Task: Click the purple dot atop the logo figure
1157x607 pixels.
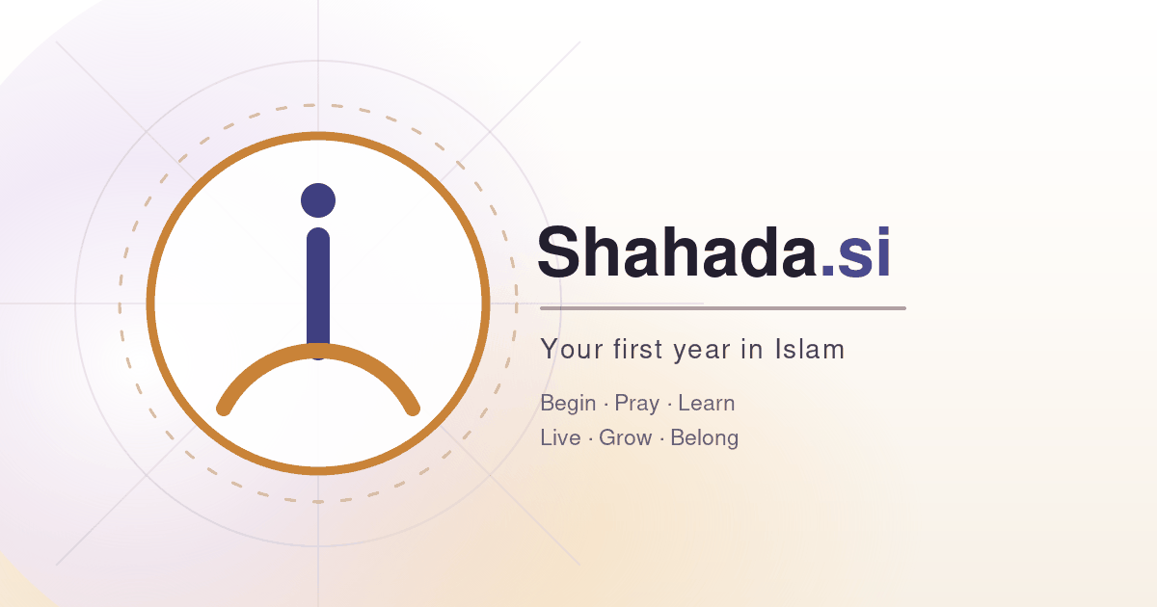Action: pyautogui.click(x=318, y=200)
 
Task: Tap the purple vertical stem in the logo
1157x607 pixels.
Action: pyautogui.click(x=318, y=289)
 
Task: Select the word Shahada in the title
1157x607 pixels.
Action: pyautogui.click(x=678, y=252)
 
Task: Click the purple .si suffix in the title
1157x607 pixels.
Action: pyautogui.click(x=856, y=252)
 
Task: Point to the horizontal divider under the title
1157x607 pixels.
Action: pyautogui.click(x=723, y=308)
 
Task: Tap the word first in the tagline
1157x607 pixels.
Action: pyautogui.click(x=638, y=349)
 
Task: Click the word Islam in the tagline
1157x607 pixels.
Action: pyautogui.click(x=809, y=349)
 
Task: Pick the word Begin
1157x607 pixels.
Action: pyautogui.click(x=568, y=404)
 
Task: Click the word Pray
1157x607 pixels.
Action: pyautogui.click(x=637, y=404)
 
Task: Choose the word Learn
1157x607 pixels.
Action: pyautogui.click(x=706, y=403)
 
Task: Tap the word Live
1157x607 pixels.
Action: pyautogui.click(x=560, y=437)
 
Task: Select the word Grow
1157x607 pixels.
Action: pyautogui.click(x=625, y=437)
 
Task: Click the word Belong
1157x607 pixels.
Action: pyautogui.click(x=705, y=438)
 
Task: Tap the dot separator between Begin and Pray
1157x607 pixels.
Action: pyautogui.click(x=605, y=404)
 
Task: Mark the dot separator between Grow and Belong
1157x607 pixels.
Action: pyautogui.click(x=661, y=438)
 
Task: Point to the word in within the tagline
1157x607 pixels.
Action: pyautogui.click(x=753, y=349)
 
